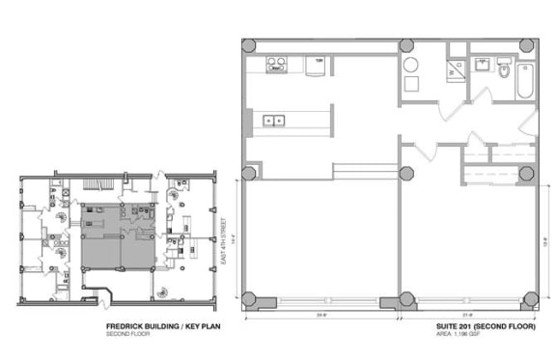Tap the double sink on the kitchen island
[x=273, y=121]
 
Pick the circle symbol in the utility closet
[x=411, y=67]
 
